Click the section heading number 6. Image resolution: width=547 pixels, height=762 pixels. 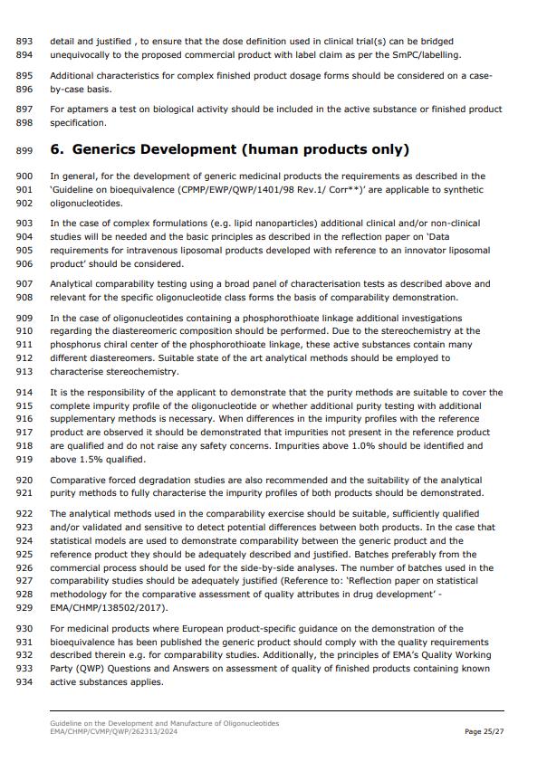[57, 149]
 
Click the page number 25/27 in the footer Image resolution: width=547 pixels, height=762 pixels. [485, 731]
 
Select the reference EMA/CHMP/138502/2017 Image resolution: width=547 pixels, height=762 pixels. [109, 609]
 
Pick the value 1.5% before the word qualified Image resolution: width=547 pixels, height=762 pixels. [105, 459]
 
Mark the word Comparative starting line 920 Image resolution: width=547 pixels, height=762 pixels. [80, 481]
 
